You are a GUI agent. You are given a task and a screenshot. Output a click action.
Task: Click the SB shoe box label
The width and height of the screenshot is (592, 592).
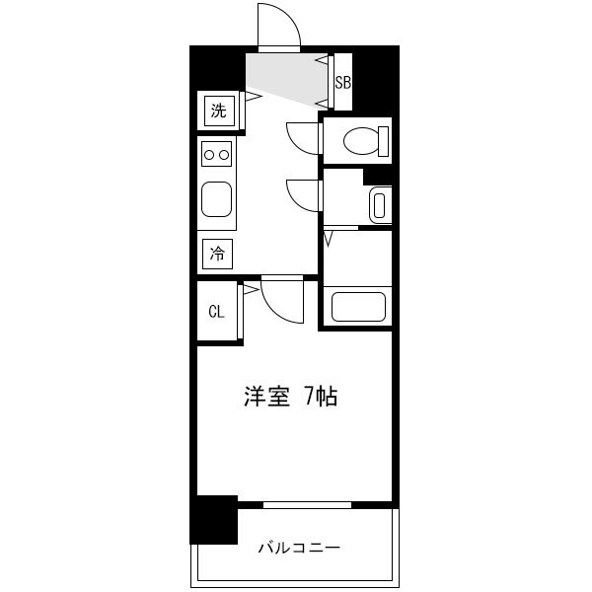tap(343, 82)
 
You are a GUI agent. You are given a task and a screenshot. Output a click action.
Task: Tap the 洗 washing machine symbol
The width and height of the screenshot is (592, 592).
tap(219, 111)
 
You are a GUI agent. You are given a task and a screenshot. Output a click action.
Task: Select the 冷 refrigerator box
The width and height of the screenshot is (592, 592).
tap(217, 254)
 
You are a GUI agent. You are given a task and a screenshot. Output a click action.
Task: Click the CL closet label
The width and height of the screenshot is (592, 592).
tap(217, 312)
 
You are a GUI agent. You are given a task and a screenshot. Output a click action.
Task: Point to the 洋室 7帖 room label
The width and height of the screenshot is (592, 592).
tap(290, 396)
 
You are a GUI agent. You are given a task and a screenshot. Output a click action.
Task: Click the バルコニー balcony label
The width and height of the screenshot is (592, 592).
tap(299, 547)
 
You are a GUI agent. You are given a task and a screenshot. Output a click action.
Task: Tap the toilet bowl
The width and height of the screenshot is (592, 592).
tap(361, 141)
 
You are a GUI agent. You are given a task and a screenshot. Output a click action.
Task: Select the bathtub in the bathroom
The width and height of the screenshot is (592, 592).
tap(359, 307)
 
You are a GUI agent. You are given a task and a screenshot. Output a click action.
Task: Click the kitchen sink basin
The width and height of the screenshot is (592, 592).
tap(216, 199)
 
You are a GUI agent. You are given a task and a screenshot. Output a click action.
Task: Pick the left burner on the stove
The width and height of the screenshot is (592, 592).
tap(209, 155)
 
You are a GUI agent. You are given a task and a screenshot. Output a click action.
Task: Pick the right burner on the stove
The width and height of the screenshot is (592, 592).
tap(224, 155)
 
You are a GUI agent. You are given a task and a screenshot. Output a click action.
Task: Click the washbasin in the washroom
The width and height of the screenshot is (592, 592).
tap(380, 206)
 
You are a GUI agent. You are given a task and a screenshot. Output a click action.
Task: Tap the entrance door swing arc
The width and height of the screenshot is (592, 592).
tap(291, 16)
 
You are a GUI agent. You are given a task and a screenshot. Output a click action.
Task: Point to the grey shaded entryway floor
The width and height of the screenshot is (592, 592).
tap(286, 77)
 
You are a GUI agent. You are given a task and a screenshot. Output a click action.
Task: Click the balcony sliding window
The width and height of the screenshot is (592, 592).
tap(307, 505)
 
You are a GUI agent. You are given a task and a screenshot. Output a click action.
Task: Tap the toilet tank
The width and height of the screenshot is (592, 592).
tap(383, 141)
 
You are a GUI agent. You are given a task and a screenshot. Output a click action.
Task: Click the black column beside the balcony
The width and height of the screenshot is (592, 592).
tap(214, 520)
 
